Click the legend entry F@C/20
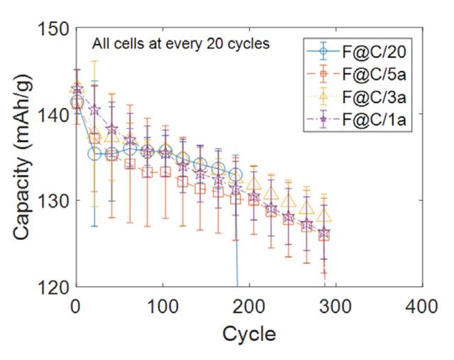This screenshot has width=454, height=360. pos(375,51)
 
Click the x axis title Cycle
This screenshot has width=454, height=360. pos(248,332)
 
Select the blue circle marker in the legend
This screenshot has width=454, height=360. pos(323,51)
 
